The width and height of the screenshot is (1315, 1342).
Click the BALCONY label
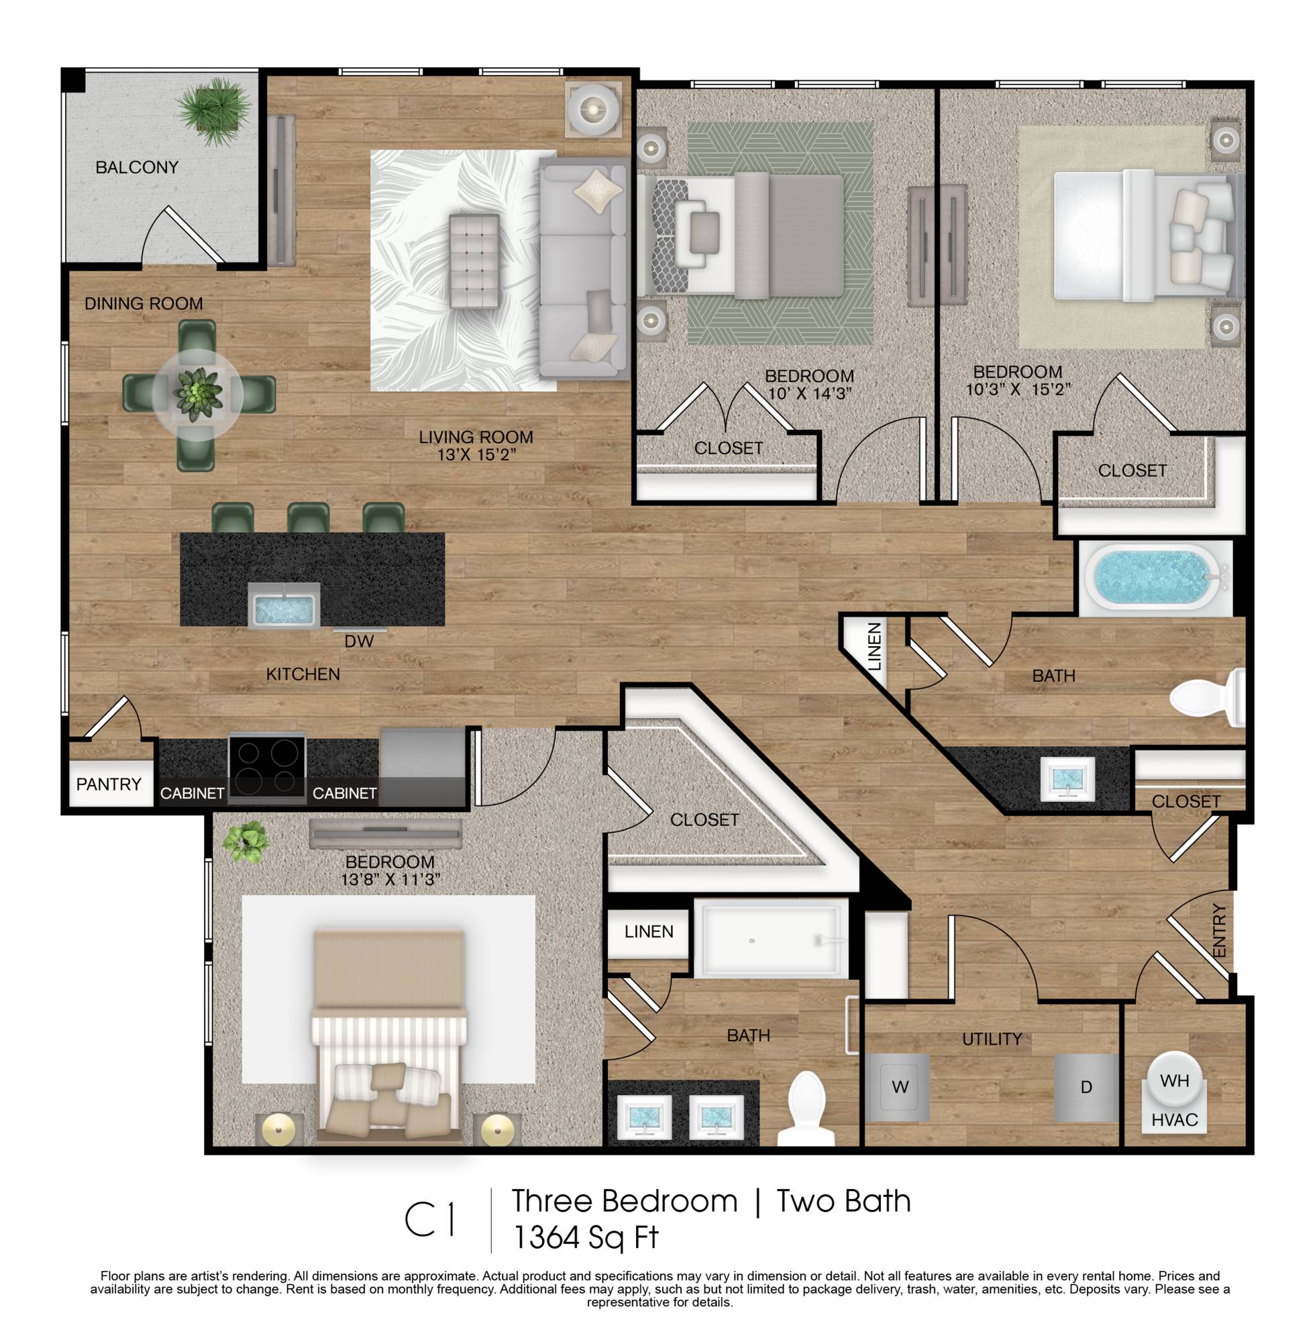click(137, 167)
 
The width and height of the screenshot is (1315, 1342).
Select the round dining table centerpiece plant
click(197, 395)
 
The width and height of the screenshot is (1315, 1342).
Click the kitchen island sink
click(284, 605)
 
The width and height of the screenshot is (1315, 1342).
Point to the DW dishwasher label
click(359, 641)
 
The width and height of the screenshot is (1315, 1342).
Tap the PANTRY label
click(109, 784)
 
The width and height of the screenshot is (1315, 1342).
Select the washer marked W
click(899, 1087)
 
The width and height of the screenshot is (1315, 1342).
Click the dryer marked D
click(1086, 1087)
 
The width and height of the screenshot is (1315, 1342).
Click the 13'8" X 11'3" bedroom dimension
click(390, 879)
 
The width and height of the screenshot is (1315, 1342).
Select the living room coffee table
click(474, 260)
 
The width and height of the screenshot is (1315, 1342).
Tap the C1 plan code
click(429, 1221)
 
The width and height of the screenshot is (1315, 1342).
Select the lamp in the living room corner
click(592, 108)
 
